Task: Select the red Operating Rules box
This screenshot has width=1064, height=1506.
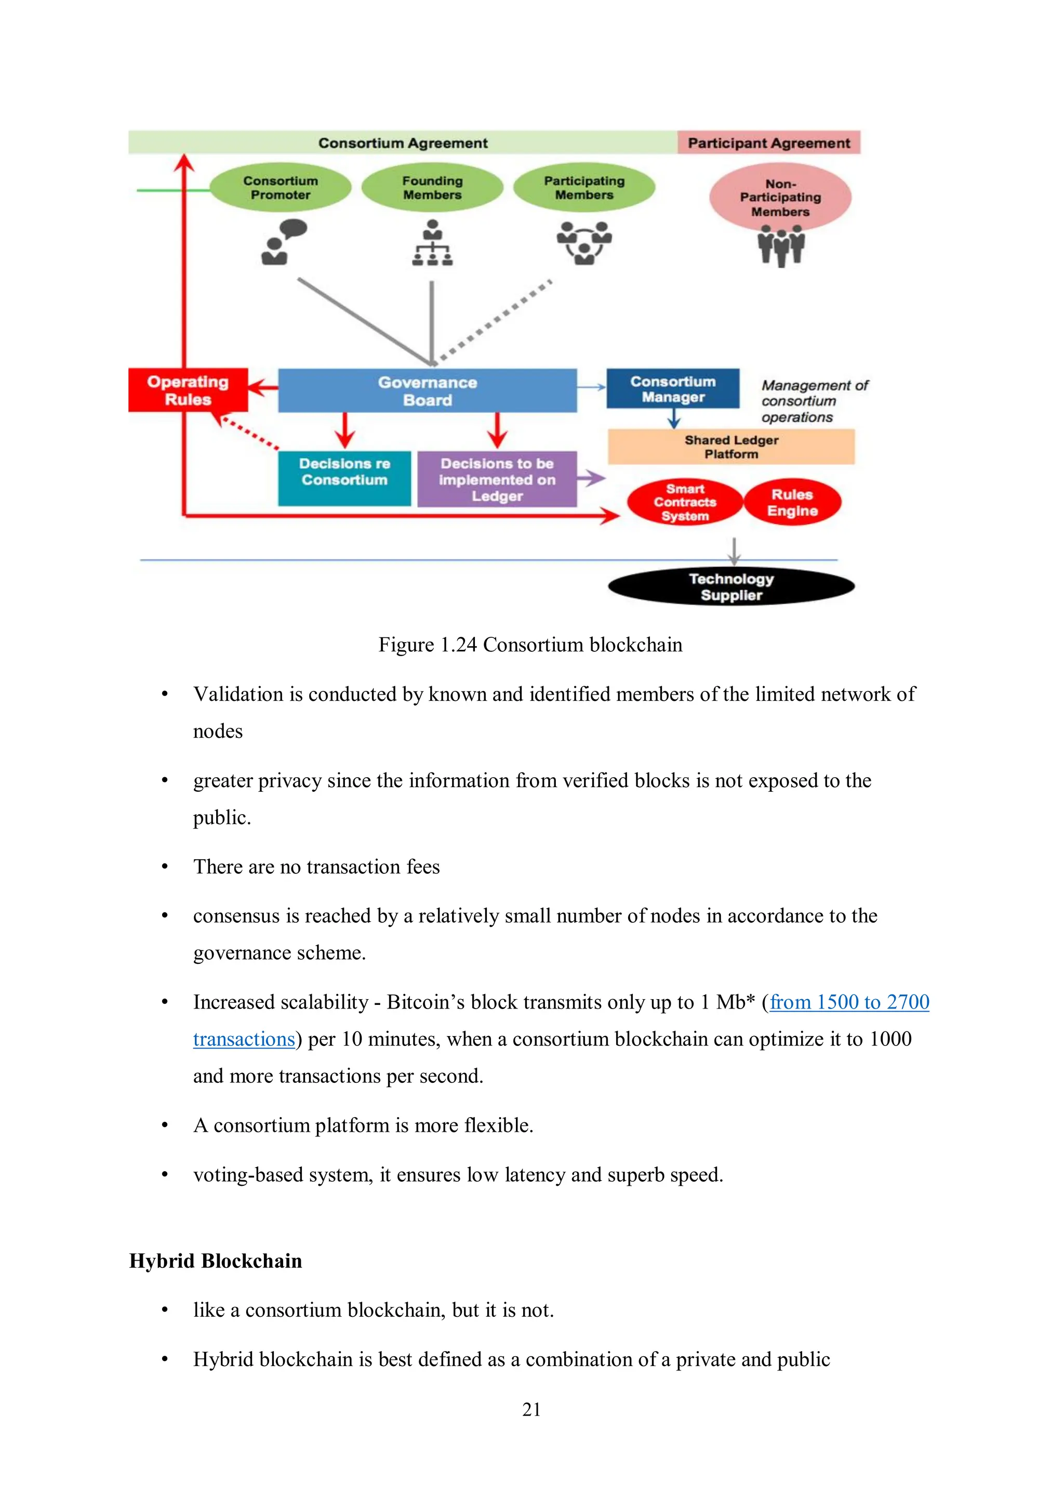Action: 188,390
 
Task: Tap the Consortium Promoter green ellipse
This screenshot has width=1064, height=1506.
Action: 280,188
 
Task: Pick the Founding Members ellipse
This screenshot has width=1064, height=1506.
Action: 432,188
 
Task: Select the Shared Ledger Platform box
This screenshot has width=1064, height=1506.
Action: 730,447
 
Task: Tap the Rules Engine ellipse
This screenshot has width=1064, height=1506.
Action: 792,503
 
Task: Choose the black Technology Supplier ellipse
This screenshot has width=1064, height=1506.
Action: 730,586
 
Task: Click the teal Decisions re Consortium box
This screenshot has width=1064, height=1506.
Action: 344,478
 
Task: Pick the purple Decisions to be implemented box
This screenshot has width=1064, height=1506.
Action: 496,479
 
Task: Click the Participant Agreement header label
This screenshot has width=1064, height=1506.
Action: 768,143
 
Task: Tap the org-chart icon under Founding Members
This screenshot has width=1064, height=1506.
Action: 432,243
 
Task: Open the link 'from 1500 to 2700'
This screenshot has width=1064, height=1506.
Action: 849,1002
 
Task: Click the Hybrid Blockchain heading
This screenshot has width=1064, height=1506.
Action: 215,1260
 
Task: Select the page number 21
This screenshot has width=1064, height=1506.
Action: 531,1409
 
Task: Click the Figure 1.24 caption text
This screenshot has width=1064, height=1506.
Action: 530,644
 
